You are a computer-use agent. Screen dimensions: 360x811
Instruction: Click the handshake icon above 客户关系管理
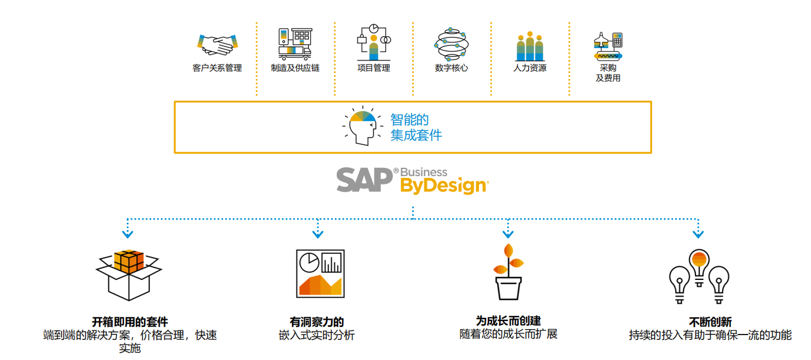[217, 44]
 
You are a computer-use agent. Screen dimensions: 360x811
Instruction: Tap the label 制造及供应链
[295, 68]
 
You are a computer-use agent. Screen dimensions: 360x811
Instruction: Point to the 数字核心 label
[451, 68]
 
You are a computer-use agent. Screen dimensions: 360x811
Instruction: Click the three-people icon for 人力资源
[529, 45]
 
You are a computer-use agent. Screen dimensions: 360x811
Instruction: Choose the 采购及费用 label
[608, 73]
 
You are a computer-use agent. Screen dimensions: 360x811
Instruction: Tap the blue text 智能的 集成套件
[416, 127]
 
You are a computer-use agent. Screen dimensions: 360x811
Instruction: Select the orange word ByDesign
[444, 186]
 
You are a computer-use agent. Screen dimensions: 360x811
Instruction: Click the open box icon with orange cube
[129, 274]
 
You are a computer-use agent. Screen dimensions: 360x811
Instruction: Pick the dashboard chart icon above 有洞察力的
[320, 273]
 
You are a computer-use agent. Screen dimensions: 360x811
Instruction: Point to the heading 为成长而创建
[508, 321]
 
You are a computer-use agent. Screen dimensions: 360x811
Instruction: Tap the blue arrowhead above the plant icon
[507, 234]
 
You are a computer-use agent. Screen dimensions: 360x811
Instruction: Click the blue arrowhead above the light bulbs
[698, 234]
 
